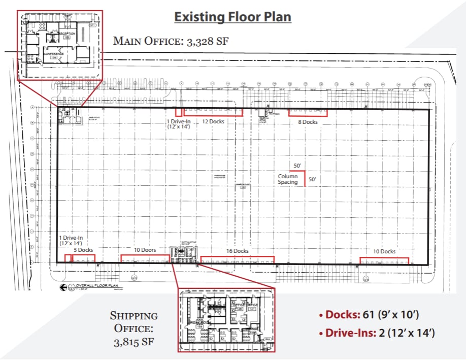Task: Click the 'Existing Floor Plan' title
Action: click(x=232, y=17)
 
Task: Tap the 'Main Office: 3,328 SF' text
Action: click(x=171, y=41)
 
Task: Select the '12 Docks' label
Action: click(x=213, y=122)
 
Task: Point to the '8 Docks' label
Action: click(x=307, y=122)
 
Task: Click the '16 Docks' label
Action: click(x=237, y=251)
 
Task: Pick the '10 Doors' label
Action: click(x=145, y=250)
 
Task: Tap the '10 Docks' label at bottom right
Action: click(x=384, y=251)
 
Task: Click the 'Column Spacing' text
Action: click(x=288, y=179)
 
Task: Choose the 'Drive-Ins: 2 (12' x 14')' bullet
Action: click(x=377, y=333)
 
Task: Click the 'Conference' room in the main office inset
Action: click(x=53, y=54)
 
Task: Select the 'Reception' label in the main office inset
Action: click(x=67, y=34)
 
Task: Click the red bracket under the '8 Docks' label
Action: click(x=308, y=113)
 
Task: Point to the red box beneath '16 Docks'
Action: click(x=237, y=259)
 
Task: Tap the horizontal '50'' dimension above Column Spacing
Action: click(x=297, y=167)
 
